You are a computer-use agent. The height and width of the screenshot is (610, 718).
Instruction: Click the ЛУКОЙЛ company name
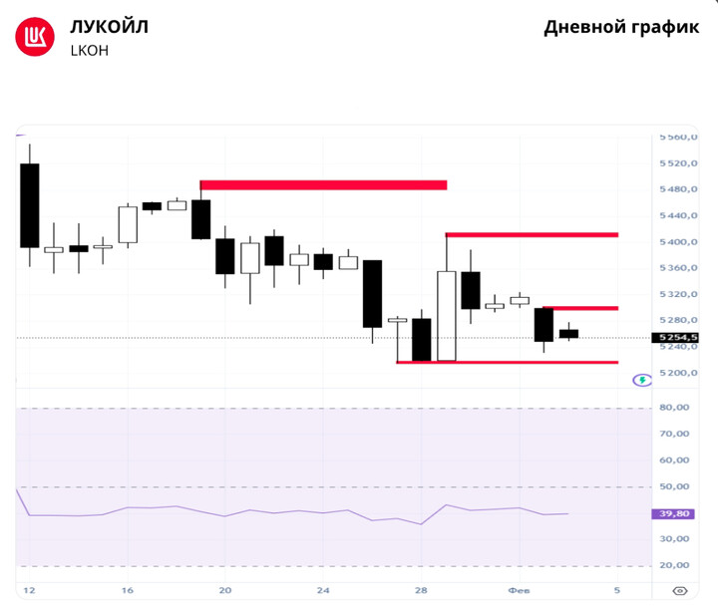coord(109,27)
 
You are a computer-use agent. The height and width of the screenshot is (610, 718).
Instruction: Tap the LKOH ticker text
coord(89,51)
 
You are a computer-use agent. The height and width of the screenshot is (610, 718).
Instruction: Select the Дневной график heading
coord(621,28)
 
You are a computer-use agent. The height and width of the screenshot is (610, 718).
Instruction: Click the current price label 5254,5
coord(675,338)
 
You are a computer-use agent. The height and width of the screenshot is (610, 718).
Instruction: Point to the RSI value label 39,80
coord(675,514)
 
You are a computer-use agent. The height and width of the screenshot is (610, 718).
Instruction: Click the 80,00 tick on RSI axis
coord(674,408)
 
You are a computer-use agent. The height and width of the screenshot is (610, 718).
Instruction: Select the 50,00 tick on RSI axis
coord(674,486)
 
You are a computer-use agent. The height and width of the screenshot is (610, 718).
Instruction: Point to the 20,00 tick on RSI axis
coord(674,565)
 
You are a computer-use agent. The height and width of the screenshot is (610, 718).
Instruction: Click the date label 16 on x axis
coord(127,590)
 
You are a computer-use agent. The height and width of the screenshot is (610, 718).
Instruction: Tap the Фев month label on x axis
coord(519,590)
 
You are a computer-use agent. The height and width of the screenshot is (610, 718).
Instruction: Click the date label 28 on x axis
coord(421,590)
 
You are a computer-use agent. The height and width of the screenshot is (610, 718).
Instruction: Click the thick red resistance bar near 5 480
coord(323,184)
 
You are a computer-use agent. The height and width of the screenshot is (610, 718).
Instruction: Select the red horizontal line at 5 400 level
coord(532,234)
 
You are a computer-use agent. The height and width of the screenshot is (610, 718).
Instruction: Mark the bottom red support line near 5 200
coord(507,362)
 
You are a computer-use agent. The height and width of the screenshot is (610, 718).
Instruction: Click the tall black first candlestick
coord(29,205)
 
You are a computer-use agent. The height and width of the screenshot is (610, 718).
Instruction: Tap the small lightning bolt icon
coord(642,380)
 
